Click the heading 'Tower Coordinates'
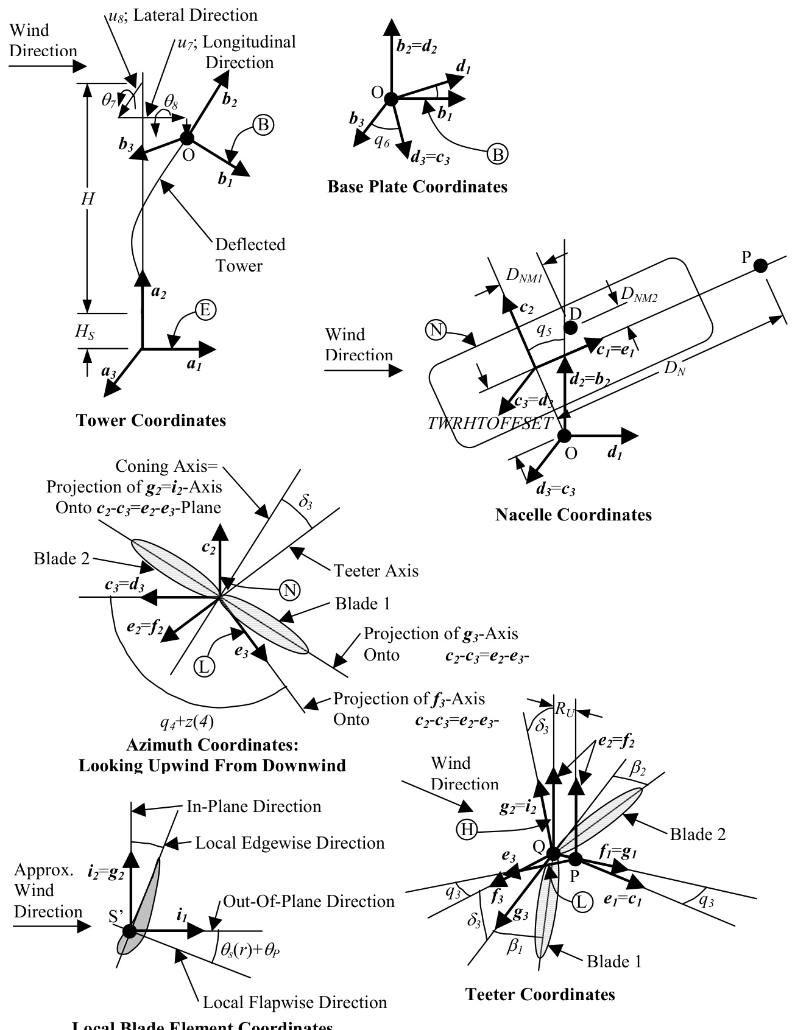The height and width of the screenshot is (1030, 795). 150,420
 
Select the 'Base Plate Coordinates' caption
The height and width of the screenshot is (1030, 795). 417,186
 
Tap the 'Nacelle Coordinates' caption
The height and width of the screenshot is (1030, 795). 573,514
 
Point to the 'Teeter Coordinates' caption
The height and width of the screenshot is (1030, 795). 540,994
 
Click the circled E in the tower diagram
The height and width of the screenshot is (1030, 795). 205,310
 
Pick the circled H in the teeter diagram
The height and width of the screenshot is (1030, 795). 467,829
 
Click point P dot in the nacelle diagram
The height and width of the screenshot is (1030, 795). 760,265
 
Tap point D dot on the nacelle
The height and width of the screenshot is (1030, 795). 570,328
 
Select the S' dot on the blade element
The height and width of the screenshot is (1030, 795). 129,931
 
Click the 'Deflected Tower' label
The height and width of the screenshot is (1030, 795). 250,255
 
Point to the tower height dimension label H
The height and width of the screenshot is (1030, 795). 89,198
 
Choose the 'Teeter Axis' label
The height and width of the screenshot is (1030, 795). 376,570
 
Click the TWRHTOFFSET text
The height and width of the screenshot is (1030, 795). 490,424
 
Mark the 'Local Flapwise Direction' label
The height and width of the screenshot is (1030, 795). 294,1002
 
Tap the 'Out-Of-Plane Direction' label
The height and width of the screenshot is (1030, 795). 308,902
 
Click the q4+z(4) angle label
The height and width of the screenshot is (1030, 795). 186,723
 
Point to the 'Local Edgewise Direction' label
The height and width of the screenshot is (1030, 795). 289,843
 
